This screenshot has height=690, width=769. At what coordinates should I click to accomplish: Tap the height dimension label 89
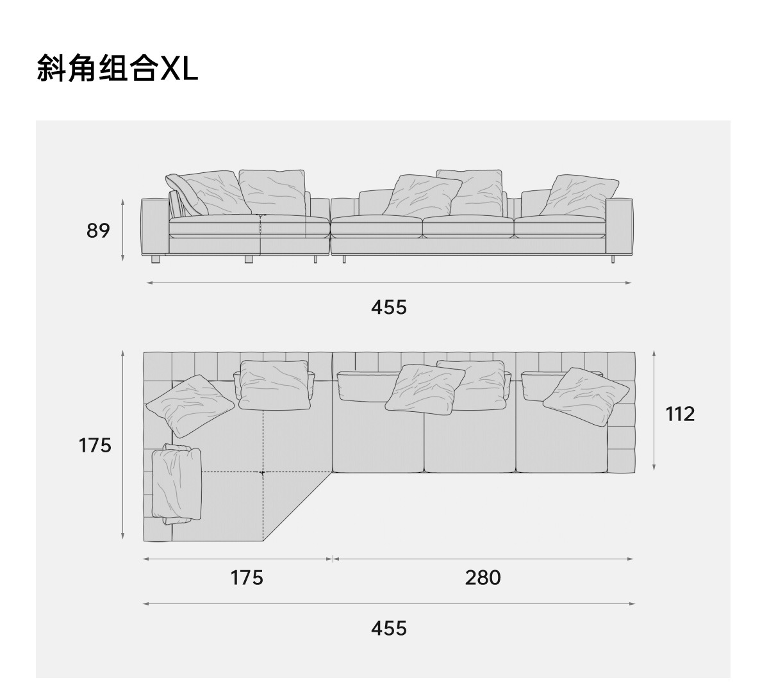pyautogui.click(x=98, y=230)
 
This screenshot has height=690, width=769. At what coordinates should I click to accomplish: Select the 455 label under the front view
pyautogui.click(x=388, y=307)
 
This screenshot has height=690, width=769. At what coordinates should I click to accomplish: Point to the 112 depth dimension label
pyautogui.click(x=680, y=414)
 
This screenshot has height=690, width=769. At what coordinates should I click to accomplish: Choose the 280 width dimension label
pyautogui.click(x=483, y=578)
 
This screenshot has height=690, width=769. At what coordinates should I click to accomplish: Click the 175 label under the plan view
pyautogui.click(x=247, y=578)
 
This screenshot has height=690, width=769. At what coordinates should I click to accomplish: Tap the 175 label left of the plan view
pyautogui.click(x=95, y=445)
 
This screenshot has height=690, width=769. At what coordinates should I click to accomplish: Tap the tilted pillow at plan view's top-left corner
pyautogui.click(x=190, y=406)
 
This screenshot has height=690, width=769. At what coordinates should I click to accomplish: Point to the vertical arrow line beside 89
pyautogui.click(x=122, y=229)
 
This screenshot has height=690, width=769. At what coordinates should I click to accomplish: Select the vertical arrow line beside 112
pyautogui.click(x=654, y=410)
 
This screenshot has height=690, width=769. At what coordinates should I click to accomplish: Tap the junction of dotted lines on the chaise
pyautogui.click(x=263, y=472)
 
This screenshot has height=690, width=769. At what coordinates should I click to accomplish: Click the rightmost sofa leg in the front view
pyautogui.click(x=613, y=258)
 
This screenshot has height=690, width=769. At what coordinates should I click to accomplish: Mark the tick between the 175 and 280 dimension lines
pyautogui.click(x=332, y=559)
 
